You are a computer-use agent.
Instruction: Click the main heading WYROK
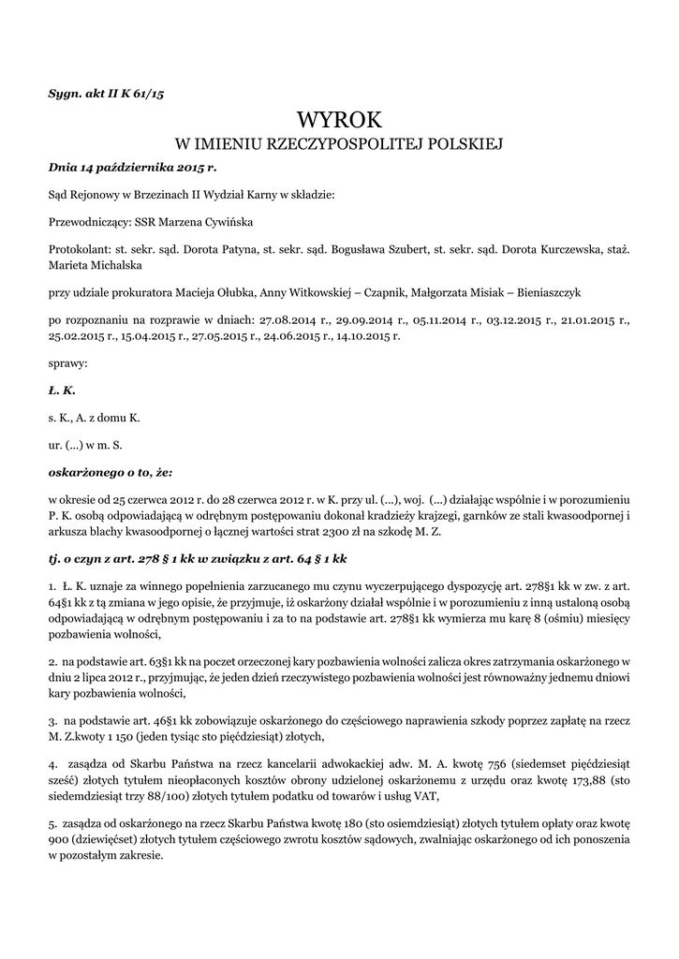pyautogui.click(x=339, y=119)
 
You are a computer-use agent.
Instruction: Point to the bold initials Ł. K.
pyautogui.click(x=62, y=389)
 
